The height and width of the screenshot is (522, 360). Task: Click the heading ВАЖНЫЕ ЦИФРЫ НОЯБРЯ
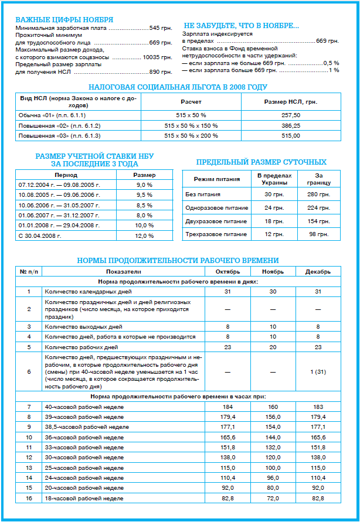pyautogui.click(x=64, y=20)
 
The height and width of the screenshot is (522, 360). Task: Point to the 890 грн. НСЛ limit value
pyautogui.click(x=161, y=72)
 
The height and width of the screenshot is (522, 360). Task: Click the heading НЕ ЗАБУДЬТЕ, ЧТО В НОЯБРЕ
pyautogui.click(x=241, y=26)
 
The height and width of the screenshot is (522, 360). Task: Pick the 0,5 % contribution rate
pyautogui.click(x=331, y=63)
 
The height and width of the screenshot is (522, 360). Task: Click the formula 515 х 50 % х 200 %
pyautogui.click(x=191, y=135)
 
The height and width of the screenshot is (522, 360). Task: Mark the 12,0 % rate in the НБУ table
pyautogui.click(x=144, y=236)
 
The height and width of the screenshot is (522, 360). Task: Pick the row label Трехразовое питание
pyautogui.click(x=208, y=234)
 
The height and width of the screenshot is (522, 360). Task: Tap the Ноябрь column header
pyautogui.click(x=273, y=272)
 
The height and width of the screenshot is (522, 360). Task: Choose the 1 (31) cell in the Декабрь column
pyautogui.click(x=318, y=371)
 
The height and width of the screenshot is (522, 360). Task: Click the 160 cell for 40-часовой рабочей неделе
pyautogui.click(x=273, y=407)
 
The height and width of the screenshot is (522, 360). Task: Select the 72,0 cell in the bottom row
pyautogui.click(x=273, y=497)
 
